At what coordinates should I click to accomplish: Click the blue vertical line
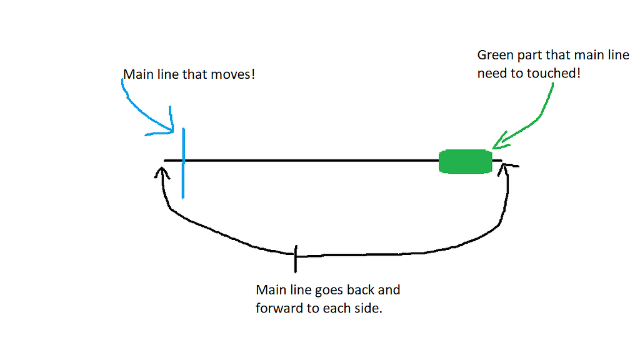pos(183,181)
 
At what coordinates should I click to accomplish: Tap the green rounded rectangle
pos(465,161)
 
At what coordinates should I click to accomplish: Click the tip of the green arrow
pos(495,147)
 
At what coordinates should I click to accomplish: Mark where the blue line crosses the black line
pos(183,161)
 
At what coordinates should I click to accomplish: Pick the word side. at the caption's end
pos(366,309)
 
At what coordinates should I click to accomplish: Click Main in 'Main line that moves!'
pos(136,75)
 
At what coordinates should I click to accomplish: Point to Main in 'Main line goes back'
pos(269,291)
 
